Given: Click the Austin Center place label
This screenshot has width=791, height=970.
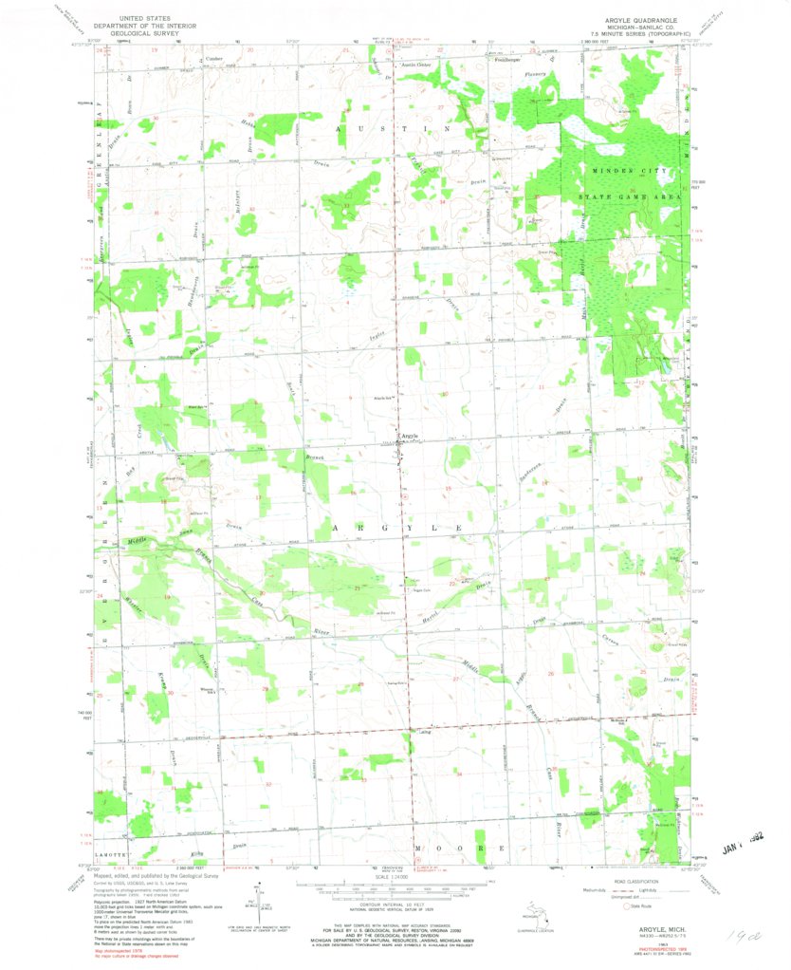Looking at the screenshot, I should [x=415, y=65].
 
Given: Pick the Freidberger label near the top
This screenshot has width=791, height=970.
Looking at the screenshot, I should [x=510, y=60].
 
